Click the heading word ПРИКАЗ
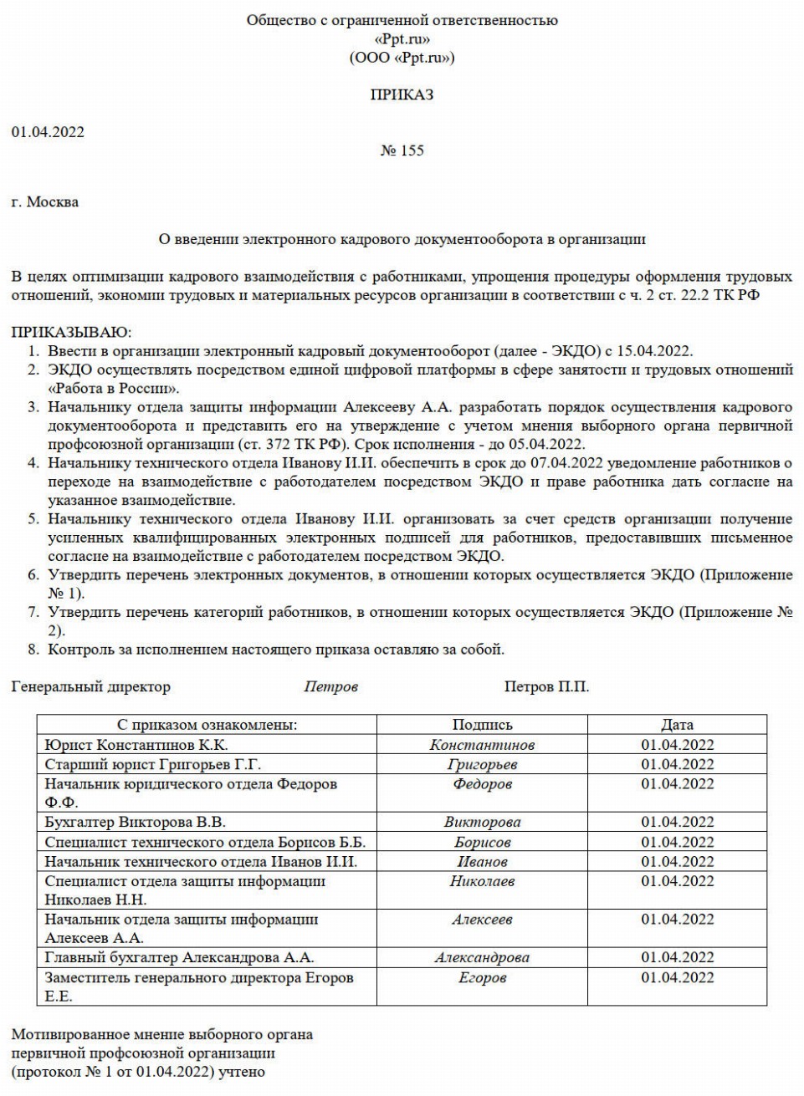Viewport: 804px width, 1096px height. point(402,95)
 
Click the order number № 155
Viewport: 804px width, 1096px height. point(402,150)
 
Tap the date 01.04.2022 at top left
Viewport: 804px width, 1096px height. point(48,132)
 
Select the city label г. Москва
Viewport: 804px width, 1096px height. point(45,201)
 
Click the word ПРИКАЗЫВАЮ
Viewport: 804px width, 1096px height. point(71,333)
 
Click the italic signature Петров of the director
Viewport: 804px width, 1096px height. point(330,687)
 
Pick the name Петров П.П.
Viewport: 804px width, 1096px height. point(546,687)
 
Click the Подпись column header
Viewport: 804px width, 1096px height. point(482,725)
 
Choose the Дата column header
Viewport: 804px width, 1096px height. point(677,725)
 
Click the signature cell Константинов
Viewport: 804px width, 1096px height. point(482,745)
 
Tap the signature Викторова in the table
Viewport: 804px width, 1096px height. point(482,823)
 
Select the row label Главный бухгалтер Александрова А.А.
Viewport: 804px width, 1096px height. point(179,958)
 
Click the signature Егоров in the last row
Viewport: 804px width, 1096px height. point(482,978)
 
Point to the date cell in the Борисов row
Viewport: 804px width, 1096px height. point(677,843)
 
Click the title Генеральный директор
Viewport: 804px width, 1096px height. point(90,687)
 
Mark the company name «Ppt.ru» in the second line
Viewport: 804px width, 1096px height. point(402,39)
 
